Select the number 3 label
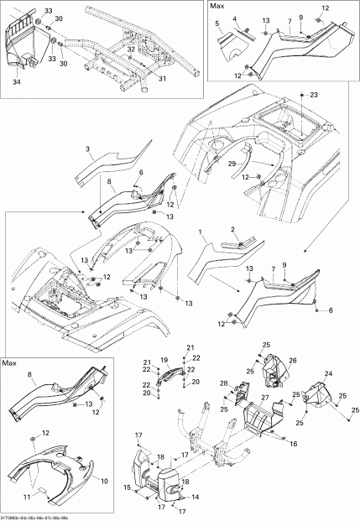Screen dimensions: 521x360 click(87, 150)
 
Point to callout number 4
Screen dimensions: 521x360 click(235, 18)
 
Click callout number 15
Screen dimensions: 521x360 click(128, 487)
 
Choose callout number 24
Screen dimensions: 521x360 click(328, 373)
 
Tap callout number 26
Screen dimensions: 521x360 click(293, 361)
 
